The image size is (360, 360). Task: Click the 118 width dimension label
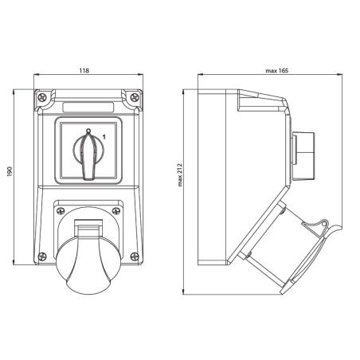(85, 71)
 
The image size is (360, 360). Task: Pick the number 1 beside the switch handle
(103, 138)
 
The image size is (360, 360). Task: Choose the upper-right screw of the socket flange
(116, 210)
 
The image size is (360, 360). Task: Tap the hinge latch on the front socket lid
(88, 231)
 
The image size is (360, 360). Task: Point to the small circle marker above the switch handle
(88, 130)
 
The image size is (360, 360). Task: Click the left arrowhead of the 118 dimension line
(37, 77)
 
